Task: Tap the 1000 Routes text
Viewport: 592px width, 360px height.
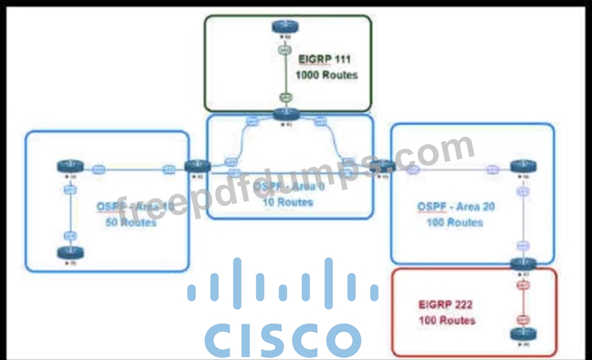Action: [x=326, y=75]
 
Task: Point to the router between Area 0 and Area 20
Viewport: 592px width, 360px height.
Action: [x=383, y=166]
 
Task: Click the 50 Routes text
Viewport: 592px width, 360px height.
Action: [x=131, y=222]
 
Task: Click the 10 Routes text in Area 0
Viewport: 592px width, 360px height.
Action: [x=288, y=202]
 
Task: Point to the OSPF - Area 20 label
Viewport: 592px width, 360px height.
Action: [x=456, y=206]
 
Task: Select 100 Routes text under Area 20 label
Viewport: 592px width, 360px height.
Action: [x=454, y=222]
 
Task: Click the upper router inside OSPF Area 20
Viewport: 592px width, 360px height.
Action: [x=522, y=167]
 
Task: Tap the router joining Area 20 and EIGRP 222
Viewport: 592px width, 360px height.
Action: [x=522, y=264]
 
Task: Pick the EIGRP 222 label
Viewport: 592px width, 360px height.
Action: [x=446, y=304]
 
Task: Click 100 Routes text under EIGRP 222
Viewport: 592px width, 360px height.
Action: [x=447, y=320]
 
